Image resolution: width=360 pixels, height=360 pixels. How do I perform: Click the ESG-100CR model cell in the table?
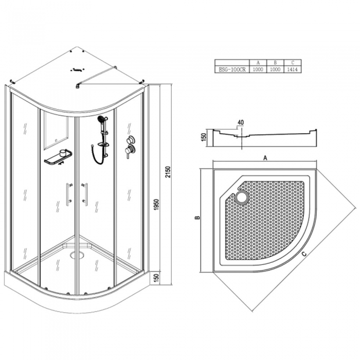coord(232,69)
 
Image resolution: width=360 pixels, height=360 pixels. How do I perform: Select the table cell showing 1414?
coord(292,69)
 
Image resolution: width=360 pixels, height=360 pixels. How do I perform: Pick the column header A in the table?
coord(258,63)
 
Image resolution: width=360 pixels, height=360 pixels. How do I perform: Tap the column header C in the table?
coord(292,63)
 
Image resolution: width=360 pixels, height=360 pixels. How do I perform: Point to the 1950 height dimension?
coord(156,206)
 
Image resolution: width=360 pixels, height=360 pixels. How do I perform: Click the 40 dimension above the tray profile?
coord(240,122)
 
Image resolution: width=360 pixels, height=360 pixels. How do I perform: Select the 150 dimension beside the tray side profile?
coord(204,137)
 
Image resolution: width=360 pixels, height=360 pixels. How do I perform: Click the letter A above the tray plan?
coord(265,158)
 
